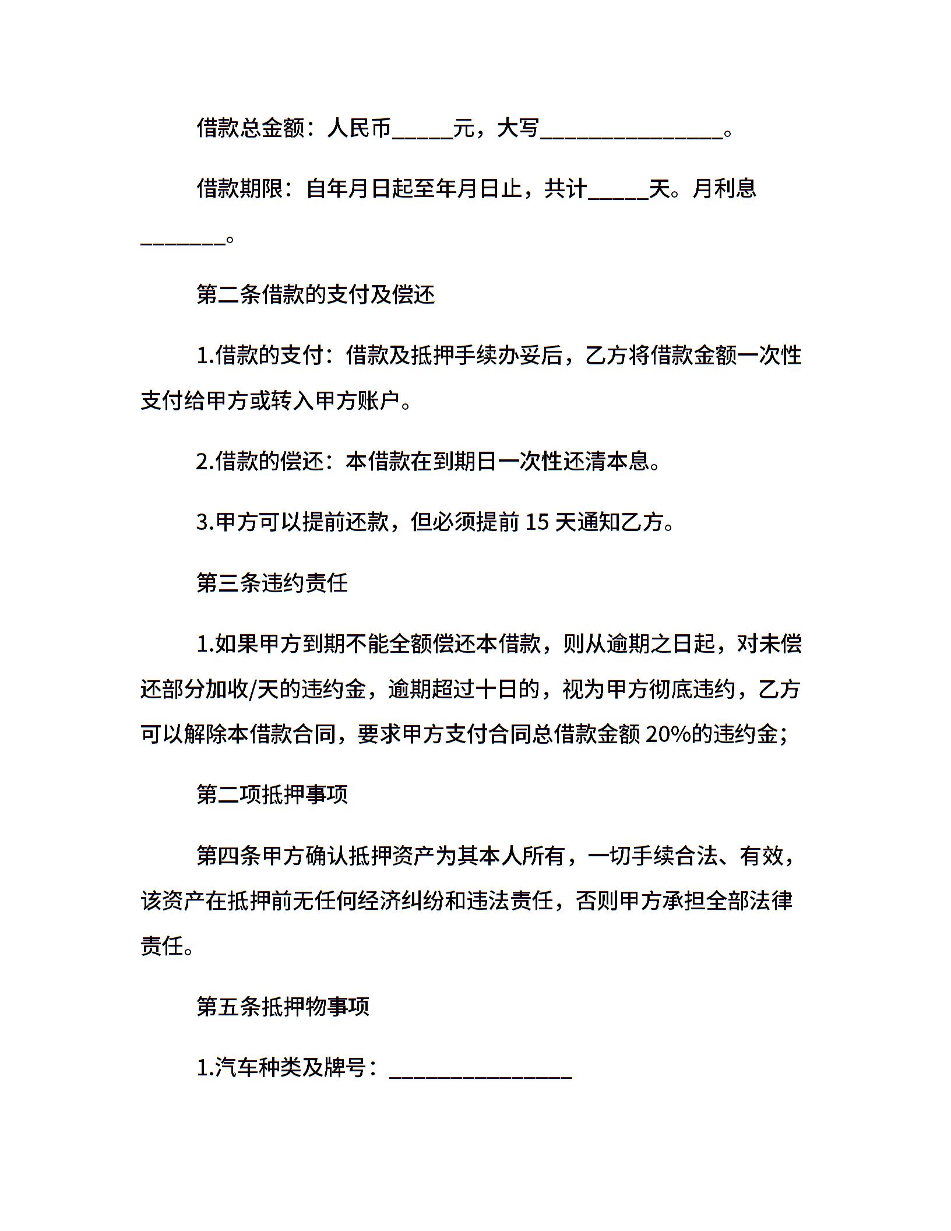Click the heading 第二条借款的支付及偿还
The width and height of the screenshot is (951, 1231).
click(316, 296)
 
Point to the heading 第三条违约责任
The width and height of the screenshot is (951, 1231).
click(272, 583)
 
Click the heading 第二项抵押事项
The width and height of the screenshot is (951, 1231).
click(272, 794)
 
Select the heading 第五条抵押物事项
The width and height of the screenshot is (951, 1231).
click(283, 1007)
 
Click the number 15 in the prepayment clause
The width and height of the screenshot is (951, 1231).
click(537, 522)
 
